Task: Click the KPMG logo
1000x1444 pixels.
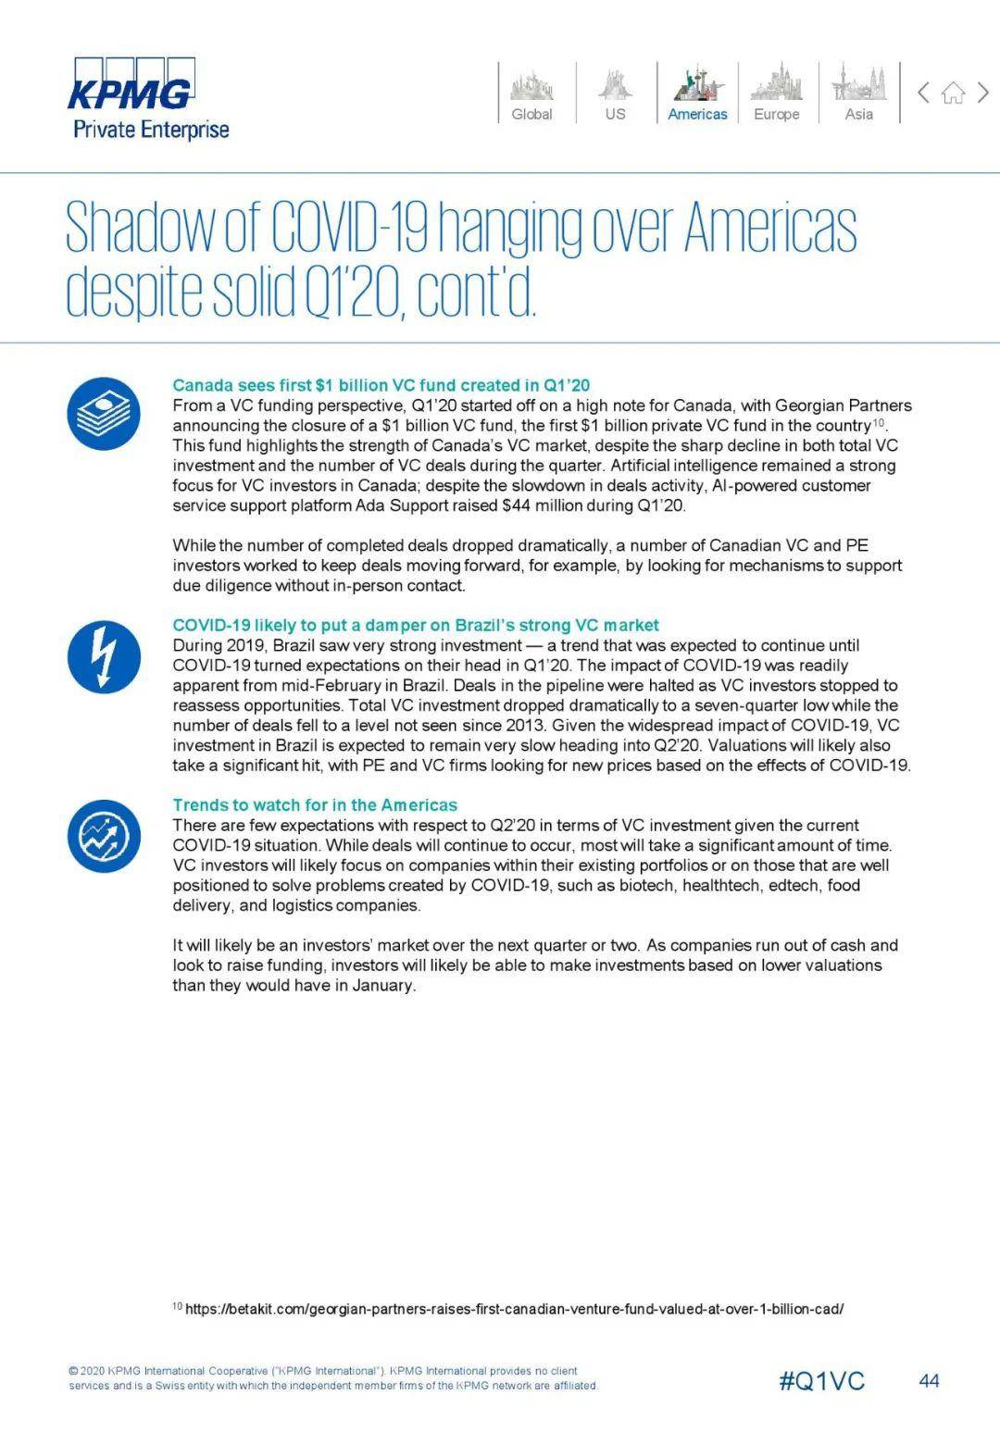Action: point(132,84)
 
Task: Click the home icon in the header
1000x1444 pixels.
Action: point(953,93)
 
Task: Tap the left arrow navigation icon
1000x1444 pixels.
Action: point(923,92)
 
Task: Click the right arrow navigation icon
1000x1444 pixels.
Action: point(983,92)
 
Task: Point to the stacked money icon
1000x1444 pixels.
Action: point(104,414)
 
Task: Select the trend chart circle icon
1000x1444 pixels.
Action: point(104,836)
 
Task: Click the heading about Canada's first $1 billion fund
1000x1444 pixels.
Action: point(381,385)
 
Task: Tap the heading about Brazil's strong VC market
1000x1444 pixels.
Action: point(415,625)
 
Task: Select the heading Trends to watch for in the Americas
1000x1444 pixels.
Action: point(315,804)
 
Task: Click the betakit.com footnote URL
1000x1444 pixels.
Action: point(514,1309)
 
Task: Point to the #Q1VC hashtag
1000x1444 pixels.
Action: point(821,1381)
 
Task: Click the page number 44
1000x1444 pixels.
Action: point(929,1381)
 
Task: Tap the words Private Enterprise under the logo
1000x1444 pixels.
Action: point(151,129)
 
